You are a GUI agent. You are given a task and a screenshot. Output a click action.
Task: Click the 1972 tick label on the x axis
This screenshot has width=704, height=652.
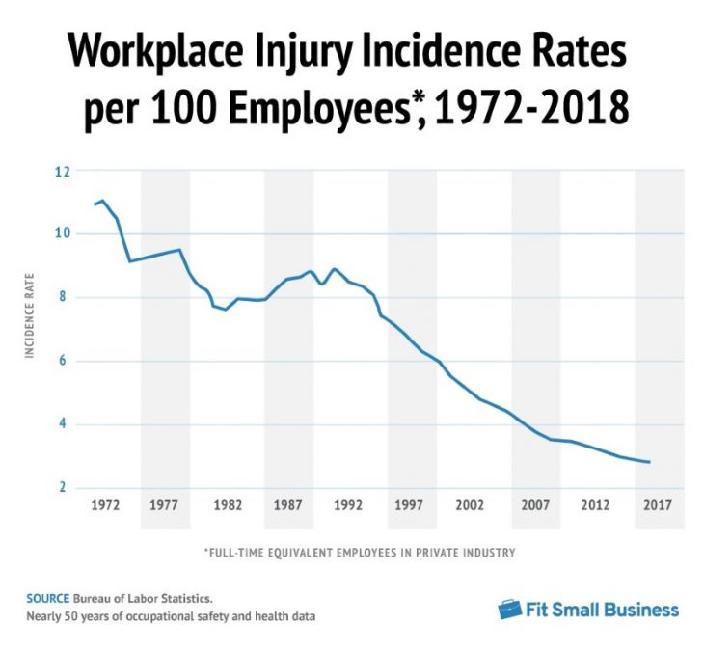(105, 504)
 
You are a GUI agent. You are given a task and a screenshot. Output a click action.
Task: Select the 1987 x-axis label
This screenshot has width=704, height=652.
(289, 504)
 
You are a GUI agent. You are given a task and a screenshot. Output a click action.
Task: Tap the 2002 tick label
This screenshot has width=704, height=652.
(470, 504)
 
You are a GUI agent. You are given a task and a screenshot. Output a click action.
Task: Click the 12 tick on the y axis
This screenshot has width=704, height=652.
(65, 172)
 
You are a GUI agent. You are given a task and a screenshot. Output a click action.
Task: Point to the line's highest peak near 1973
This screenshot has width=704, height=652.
(103, 201)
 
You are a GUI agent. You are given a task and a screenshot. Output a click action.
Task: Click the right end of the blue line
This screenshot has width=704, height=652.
(649, 462)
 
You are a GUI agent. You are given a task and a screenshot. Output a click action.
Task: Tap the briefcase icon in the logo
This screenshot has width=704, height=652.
(510, 610)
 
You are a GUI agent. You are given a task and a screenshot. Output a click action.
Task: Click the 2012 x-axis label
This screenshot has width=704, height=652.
(596, 504)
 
